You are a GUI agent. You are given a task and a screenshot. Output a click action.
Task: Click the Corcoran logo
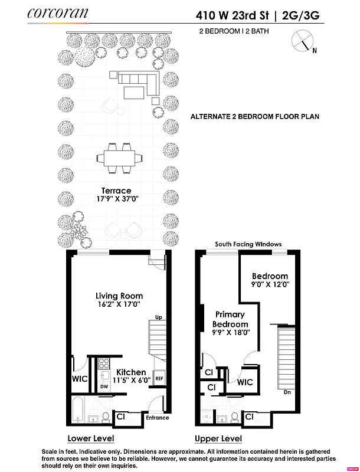click(57, 13)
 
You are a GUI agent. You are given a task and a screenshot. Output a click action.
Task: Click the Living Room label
click(119, 296)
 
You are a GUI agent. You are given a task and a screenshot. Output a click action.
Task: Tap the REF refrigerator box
click(159, 379)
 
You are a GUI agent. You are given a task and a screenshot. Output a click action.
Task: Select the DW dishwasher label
click(103, 386)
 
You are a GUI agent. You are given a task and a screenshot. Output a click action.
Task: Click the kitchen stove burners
click(104, 363)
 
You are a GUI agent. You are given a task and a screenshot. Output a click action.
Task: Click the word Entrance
click(157, 418)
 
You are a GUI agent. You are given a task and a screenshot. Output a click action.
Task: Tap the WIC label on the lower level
click(80, 379)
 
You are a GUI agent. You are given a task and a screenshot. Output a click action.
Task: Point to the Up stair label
click(158, 317)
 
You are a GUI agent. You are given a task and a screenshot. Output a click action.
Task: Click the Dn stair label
click(286, 391)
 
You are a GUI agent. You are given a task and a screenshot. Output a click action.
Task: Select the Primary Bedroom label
click(231, 320)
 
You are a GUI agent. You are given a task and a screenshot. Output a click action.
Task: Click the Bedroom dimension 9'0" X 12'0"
click(270, 284)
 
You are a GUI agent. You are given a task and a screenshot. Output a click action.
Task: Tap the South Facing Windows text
click(248, 244)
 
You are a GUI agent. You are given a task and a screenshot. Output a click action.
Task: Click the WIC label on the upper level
click(245, 382)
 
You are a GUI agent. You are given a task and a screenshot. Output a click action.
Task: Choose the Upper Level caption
click(218, 438)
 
